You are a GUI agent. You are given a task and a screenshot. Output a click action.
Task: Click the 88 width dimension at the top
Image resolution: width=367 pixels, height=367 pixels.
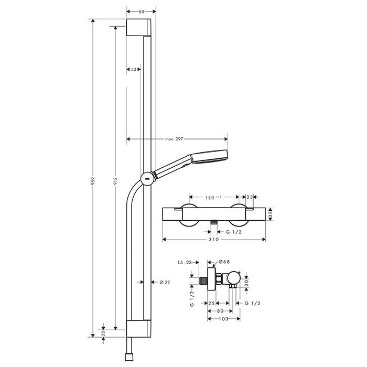pyautogui.click(x=142, y=12)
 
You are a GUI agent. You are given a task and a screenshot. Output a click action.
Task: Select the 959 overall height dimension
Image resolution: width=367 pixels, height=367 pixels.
pyautogui.click(x=93, y=181)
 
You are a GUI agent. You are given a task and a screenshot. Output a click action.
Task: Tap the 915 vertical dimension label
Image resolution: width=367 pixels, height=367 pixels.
pyautogui.click(x=115, y=181)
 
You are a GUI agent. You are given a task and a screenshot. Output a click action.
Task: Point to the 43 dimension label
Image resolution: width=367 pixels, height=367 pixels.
pyautogui.click(x=134, y=69)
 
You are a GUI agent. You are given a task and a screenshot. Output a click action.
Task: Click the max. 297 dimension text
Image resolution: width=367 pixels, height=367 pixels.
pyautogui.click(x=174, y=139)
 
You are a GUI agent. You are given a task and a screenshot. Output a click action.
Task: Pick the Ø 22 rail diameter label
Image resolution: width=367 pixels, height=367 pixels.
pyautogui.click(x=165, y=282)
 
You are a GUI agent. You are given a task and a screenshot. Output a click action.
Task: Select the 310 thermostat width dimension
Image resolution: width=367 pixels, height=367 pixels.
pyautogui.click(x=214, y=239)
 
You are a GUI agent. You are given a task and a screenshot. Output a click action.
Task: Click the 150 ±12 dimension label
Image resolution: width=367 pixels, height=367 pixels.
pyautogui.click(x=213, y=198)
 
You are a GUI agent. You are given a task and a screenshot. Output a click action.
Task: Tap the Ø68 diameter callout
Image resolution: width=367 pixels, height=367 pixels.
pyautogui.click(x=224, y=262)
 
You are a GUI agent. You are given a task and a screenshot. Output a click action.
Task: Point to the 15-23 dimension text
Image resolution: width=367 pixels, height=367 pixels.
pyautogui.click(x=185, y=263)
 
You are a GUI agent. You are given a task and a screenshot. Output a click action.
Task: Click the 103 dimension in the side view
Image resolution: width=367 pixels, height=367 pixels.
pyautogui.click(x=223, y=319)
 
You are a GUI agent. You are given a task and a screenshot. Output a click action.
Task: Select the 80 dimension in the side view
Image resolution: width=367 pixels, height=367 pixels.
pyautogui.click(x=220, y=311)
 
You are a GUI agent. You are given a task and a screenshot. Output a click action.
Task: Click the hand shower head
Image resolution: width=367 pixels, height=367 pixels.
pyautogui.click(x=210, y=157)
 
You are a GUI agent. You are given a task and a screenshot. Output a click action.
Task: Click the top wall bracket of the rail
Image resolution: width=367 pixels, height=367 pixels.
pyautogui.click(x=138, y=27)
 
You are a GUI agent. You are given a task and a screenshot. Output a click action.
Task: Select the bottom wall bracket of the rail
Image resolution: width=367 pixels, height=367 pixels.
pyautogui.click(x=138, y=329)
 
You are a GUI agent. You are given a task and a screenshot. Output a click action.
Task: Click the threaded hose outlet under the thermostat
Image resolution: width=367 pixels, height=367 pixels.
pyautogui.click(x=213, y=222)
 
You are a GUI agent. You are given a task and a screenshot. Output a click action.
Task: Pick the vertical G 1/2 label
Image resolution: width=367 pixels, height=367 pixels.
pyautogui.click(x=192, y=299)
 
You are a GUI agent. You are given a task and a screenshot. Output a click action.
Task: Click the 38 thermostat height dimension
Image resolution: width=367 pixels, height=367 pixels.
pyautogui.click(x=271, y=214)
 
